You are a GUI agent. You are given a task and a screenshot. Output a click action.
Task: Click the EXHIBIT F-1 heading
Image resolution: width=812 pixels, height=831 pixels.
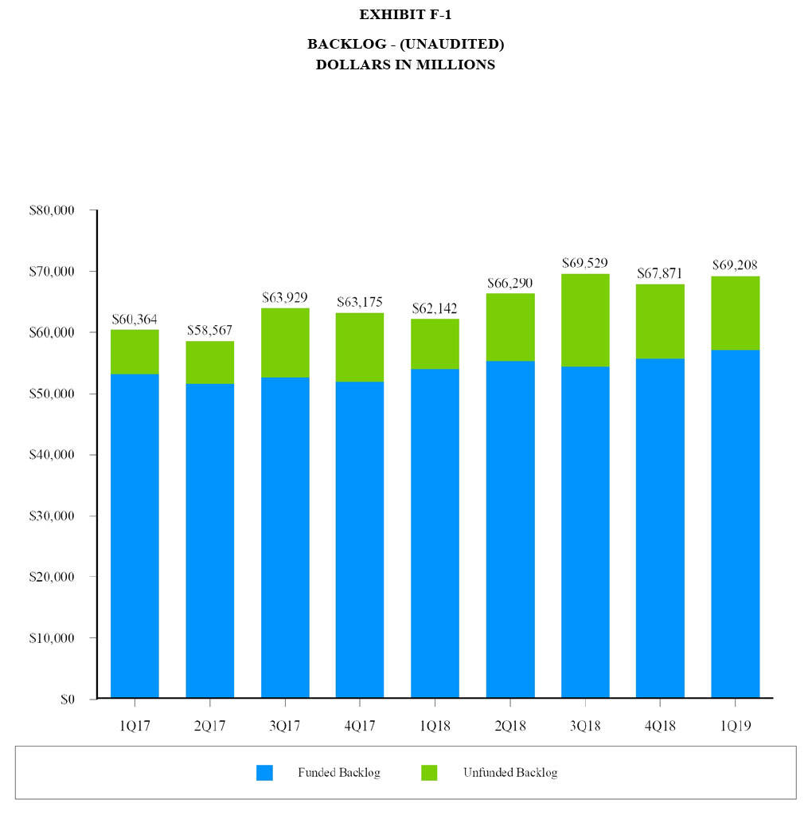405,14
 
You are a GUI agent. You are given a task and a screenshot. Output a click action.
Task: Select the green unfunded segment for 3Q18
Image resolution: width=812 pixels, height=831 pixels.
585,320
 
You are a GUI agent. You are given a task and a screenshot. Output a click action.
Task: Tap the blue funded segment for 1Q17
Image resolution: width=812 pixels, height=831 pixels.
135,535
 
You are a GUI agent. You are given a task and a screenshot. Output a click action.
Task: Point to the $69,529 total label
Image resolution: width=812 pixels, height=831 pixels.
585,262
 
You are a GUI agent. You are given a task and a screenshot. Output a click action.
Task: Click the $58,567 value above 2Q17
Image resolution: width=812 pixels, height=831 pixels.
209,330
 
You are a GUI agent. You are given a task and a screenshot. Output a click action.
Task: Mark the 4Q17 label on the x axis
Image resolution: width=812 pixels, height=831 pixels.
360,726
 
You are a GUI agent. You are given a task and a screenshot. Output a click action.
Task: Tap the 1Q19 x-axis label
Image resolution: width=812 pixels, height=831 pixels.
735,726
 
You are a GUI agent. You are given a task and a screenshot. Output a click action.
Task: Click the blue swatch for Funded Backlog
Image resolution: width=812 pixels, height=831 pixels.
264,773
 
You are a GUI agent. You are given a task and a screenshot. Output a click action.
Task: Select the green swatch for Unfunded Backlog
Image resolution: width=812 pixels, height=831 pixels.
429,773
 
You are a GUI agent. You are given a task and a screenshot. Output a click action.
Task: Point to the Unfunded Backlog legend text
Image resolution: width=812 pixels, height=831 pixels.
510,773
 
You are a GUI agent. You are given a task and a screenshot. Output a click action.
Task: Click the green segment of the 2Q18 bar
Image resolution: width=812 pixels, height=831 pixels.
510,327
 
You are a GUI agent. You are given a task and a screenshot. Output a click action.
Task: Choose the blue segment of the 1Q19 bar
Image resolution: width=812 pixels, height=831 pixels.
735,524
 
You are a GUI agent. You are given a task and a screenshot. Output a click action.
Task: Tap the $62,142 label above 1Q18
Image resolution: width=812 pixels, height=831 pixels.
435,308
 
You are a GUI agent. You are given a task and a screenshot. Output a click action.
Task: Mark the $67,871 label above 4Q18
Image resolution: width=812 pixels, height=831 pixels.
660,273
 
